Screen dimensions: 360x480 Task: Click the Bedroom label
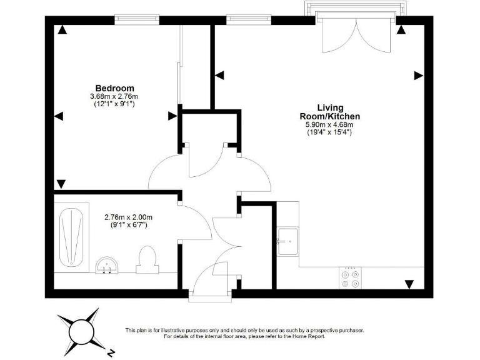click(x=114, y=88)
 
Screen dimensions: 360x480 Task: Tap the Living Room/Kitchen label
click(x=329, y=112)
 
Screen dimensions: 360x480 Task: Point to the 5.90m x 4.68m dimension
click(x=329, y=124)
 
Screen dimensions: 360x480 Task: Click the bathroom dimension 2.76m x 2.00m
click(x=128, y=217)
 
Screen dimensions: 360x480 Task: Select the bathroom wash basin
click(x=108, y=266)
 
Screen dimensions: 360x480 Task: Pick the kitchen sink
click(x=288, y=241)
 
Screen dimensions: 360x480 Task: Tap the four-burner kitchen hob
click(x=350, y=277)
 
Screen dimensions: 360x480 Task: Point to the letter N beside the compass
click(x=110, y=351)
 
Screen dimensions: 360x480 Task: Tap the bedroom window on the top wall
click(x=137, y=19)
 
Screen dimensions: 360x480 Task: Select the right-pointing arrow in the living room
click(x=417, y=75)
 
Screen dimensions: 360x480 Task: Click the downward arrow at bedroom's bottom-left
click(x=61, y=184)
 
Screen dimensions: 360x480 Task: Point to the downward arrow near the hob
click(x=409, y=284)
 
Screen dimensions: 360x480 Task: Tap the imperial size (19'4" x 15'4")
click(x=329, y=132)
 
